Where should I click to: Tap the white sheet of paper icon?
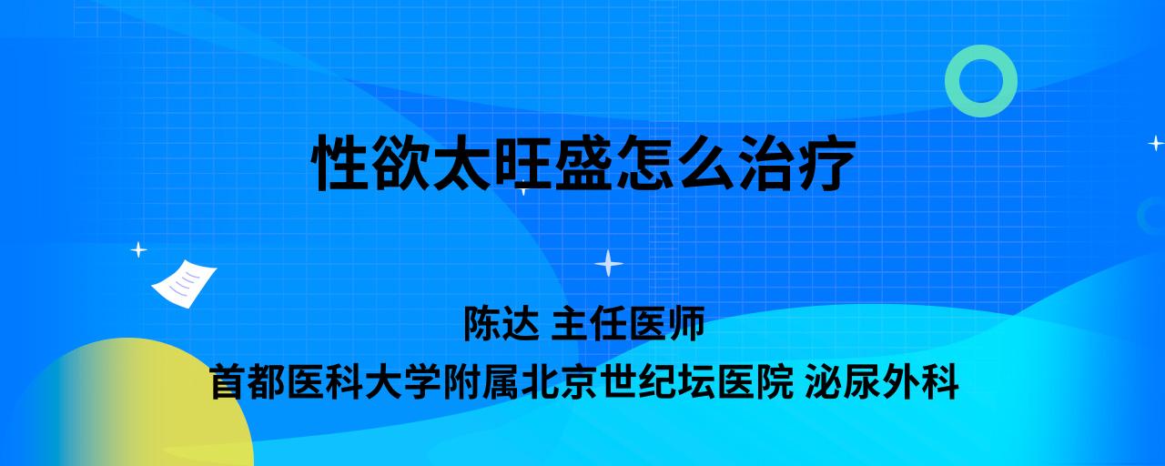click(x=184, y=284)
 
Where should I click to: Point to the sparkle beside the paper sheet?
click(x=138, y=250)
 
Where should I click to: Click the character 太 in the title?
click(x=461, y=163)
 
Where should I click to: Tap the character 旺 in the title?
click(x=522, y=163)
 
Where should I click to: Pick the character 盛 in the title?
click(x=583, y=163)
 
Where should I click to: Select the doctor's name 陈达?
click(x=501, y=323)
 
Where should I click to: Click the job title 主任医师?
click(x=628, y=323)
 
